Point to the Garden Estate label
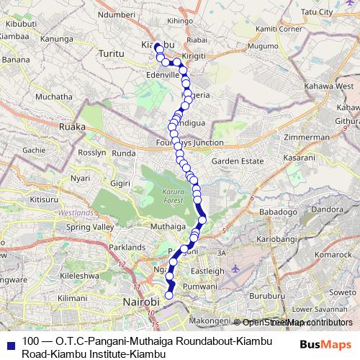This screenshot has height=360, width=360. [x=235, y=161]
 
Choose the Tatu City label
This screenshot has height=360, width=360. [x=317, y=12]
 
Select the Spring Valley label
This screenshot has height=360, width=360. [x=90, y=228]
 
